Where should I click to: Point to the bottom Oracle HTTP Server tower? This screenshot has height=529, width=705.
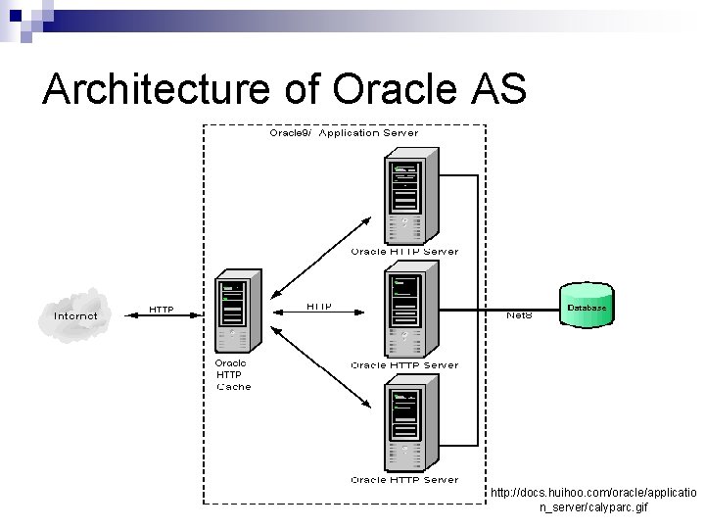403,426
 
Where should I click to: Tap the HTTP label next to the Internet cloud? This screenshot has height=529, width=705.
161,310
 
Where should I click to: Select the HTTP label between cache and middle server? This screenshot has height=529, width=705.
319,307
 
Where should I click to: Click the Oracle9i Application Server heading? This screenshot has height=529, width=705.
344,132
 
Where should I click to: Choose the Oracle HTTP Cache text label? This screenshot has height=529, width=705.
233,374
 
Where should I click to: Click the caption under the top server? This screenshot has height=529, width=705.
404,252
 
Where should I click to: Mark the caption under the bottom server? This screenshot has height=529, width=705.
404,480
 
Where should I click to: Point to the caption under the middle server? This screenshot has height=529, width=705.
404,365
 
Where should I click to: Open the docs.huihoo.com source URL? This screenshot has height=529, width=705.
592,500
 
